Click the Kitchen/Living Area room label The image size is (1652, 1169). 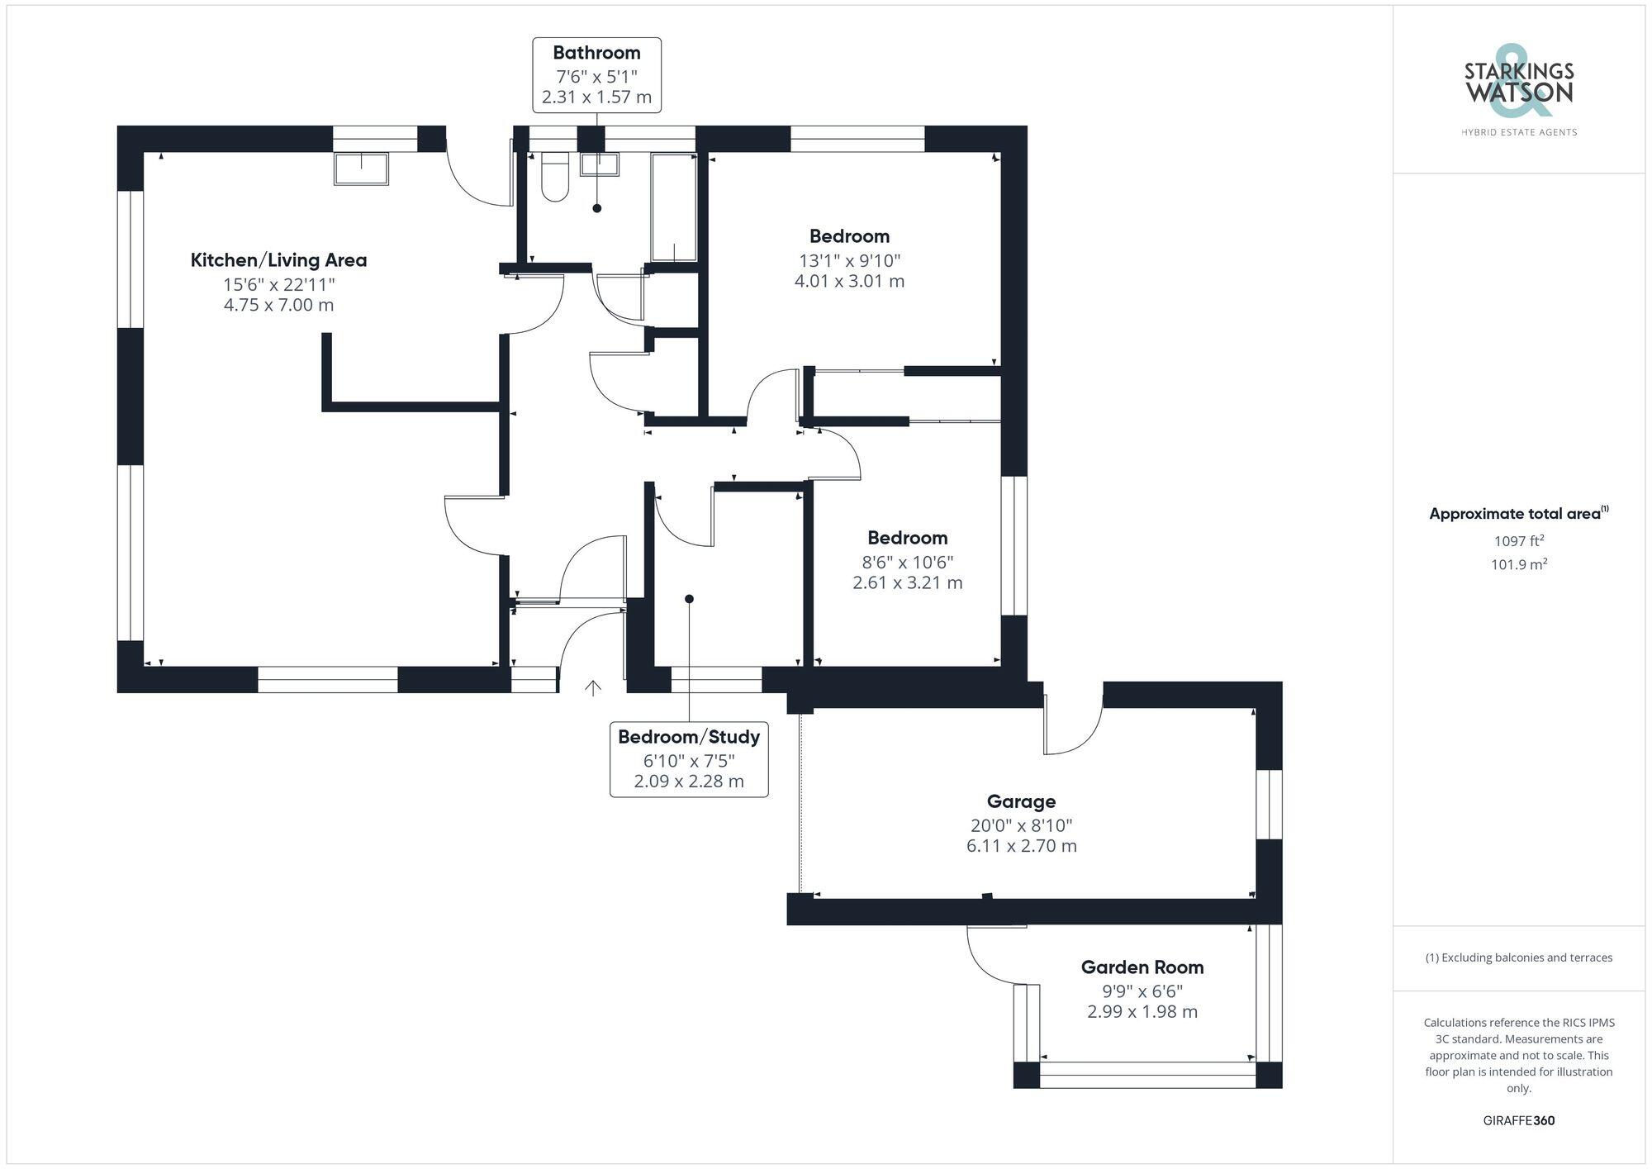(x=278, y=260)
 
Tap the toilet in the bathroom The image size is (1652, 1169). (x=555, y=177)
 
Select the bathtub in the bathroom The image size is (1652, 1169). (x=674, y=207)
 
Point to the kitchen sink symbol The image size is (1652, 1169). (x=361, y=169)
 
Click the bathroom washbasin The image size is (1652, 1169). (x=599, y=164)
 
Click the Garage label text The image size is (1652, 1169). (x=1021, y=801)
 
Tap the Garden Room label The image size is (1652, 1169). (x=1142, y=967)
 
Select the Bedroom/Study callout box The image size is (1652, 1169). (x=689, y=759)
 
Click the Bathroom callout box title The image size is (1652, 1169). (x=596, y=53)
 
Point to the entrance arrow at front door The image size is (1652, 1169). (x=592, y=687)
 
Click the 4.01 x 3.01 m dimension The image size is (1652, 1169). (x=849, y=281)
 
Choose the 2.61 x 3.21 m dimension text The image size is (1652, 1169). (x=907, y=582)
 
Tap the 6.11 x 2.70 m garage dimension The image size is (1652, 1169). (x=1021, y=846)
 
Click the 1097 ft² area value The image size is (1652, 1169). (x=1518, y=541)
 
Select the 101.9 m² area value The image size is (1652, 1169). (x=1518, y=564)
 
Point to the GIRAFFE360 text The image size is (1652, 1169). (x=1518, y=1120)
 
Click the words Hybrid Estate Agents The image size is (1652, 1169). (x=1518, y=132)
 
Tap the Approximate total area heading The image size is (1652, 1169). (x=1518, y=513)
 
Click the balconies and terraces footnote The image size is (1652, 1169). (x=1518, y=958)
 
